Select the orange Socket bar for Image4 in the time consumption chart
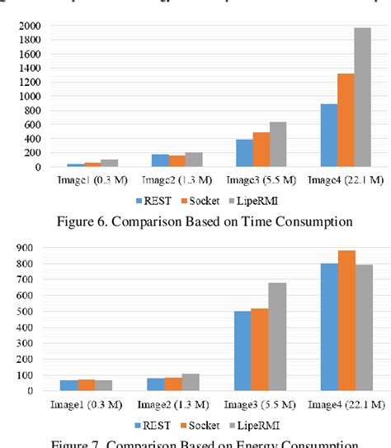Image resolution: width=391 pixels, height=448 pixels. (346, 121)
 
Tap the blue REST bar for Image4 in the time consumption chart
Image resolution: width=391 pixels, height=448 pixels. (329, 136)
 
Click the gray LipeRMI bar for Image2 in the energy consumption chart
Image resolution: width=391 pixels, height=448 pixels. (191, 381)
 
